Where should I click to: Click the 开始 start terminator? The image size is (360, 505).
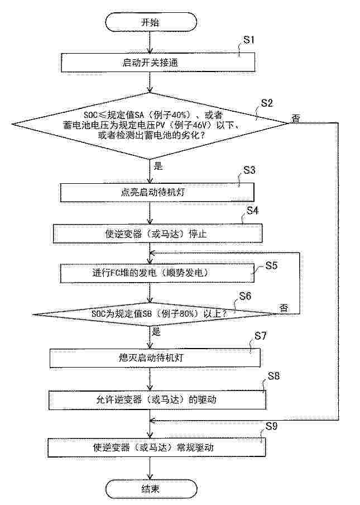pos(150,22)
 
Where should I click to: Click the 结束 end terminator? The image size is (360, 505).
pos(151,489)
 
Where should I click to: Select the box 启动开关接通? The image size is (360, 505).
pos(158,63)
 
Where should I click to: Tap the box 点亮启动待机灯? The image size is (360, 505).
pos(157,193)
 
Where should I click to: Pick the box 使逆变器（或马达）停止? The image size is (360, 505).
pos(157,234)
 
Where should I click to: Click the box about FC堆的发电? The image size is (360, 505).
pos(157,273)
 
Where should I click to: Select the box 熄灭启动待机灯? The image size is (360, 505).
pos(155,358)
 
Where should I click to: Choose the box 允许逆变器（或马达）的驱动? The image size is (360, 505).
pos(157,399)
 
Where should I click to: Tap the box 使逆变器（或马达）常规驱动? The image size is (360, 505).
pos(157,447)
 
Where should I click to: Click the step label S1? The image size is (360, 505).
pos(249,40)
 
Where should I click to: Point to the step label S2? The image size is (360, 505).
pos(267,103)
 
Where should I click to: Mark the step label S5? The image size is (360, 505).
pos(271,265)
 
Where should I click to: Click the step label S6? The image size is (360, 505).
pos(245,296)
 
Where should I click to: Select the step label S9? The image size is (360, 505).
pos(271,426)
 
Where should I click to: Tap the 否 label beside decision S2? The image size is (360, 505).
pos(296,118)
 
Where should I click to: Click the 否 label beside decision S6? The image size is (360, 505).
pos(284,308)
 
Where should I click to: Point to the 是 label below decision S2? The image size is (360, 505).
pos(159,166)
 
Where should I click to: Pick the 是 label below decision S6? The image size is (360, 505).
pos(156,332)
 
